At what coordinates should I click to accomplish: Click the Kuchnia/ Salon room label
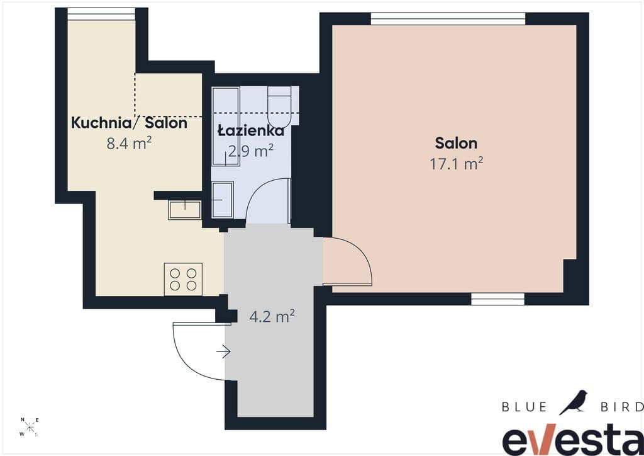click(x=129, y=123)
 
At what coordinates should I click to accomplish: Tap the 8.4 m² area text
click(x=129, y=143)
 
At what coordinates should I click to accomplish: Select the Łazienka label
click(x=250, y=130)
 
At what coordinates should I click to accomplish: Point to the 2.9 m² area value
click(x=250, y=151)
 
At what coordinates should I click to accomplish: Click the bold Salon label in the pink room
click(x=456, y=143)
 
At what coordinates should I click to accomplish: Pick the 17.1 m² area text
click(x=456, y=164)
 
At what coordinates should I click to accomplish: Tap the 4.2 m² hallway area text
click(x=272, y=316)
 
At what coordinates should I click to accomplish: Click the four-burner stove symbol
click(x=183, y=279)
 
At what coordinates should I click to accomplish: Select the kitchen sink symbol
click(x=185, y=210)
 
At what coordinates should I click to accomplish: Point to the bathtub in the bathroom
click(x=226, y=126)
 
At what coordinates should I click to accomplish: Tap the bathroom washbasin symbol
click(x=223, y=200)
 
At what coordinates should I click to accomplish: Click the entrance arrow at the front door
click(x=223, y=351)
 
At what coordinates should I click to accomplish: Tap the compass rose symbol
click(x=29, y=427)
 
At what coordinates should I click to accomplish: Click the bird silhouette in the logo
click(x=574, y=402)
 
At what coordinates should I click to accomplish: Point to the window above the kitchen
click(x=101, y=14)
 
